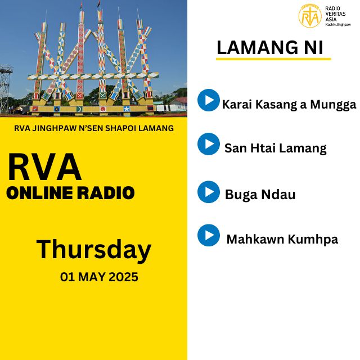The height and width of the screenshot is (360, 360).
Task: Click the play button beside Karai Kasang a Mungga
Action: pos(209,100)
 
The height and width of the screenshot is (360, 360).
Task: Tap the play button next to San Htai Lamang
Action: pos(209,144)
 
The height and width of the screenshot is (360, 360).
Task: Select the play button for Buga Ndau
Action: pos(209,192)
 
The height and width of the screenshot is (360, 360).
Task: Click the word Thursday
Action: pos(94,250)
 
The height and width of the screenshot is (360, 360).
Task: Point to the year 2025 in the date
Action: pos(123,277)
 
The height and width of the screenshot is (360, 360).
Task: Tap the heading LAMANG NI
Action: pos(270,47)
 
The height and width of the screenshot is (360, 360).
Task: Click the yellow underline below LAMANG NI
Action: pos(273,59)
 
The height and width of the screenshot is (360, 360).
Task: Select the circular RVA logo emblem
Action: pos(310,16)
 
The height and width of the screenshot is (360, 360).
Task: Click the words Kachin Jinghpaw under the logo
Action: pos(338,25)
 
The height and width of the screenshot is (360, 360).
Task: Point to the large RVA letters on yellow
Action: pos(44,167)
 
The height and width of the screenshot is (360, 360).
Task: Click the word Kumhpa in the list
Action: pos(313,240)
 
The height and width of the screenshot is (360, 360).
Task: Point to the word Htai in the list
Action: pos(263,148)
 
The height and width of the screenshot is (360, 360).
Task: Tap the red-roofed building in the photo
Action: pos(179,103)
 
